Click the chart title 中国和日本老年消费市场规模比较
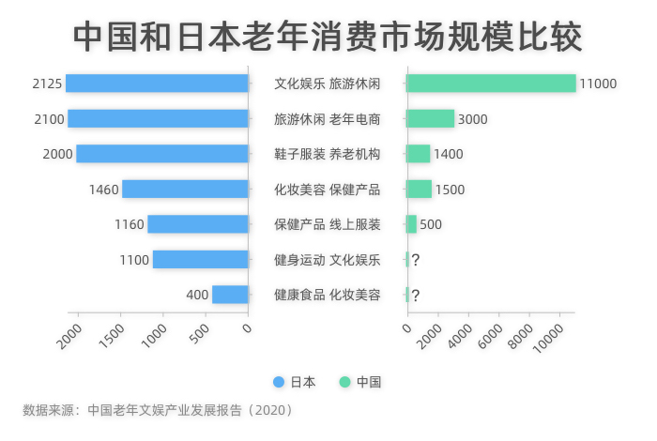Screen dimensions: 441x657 pyautogui.click(x=328, y=37)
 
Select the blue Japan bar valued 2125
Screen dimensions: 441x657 pyautogui.click(x=158, y=84)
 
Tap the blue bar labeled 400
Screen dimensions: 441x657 pyautogui.click(x=230, y=295)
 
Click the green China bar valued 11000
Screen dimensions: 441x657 pyautogui.click(x=491, y=84)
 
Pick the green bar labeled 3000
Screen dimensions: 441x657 pyautogui.click(x=430, y=119)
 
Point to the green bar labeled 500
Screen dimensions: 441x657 pyautogui.click(x=411, y=224)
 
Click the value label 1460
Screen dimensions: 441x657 pyautogui.click(x=103, y=190)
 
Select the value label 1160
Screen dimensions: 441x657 pyautogui.click(x=130, y=224)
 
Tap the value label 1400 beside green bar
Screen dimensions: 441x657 pyautogui.click(x=448, y=154)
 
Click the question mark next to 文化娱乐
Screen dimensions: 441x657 pyautogui.click(x=415, y=260)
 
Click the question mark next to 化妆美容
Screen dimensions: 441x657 pyautogui.click(x=415, y=295)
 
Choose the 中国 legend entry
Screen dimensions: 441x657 pyautogui.click(x=360, y=382)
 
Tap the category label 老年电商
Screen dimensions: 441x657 pyautogui.click(x=355, y=119)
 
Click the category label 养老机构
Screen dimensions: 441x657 pyautogui.click(x=355, y=154)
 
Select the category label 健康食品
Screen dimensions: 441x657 pyautogui.click(x=299, y=295)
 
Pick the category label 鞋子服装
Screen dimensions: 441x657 pyautogui.click(x=299, y=154)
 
